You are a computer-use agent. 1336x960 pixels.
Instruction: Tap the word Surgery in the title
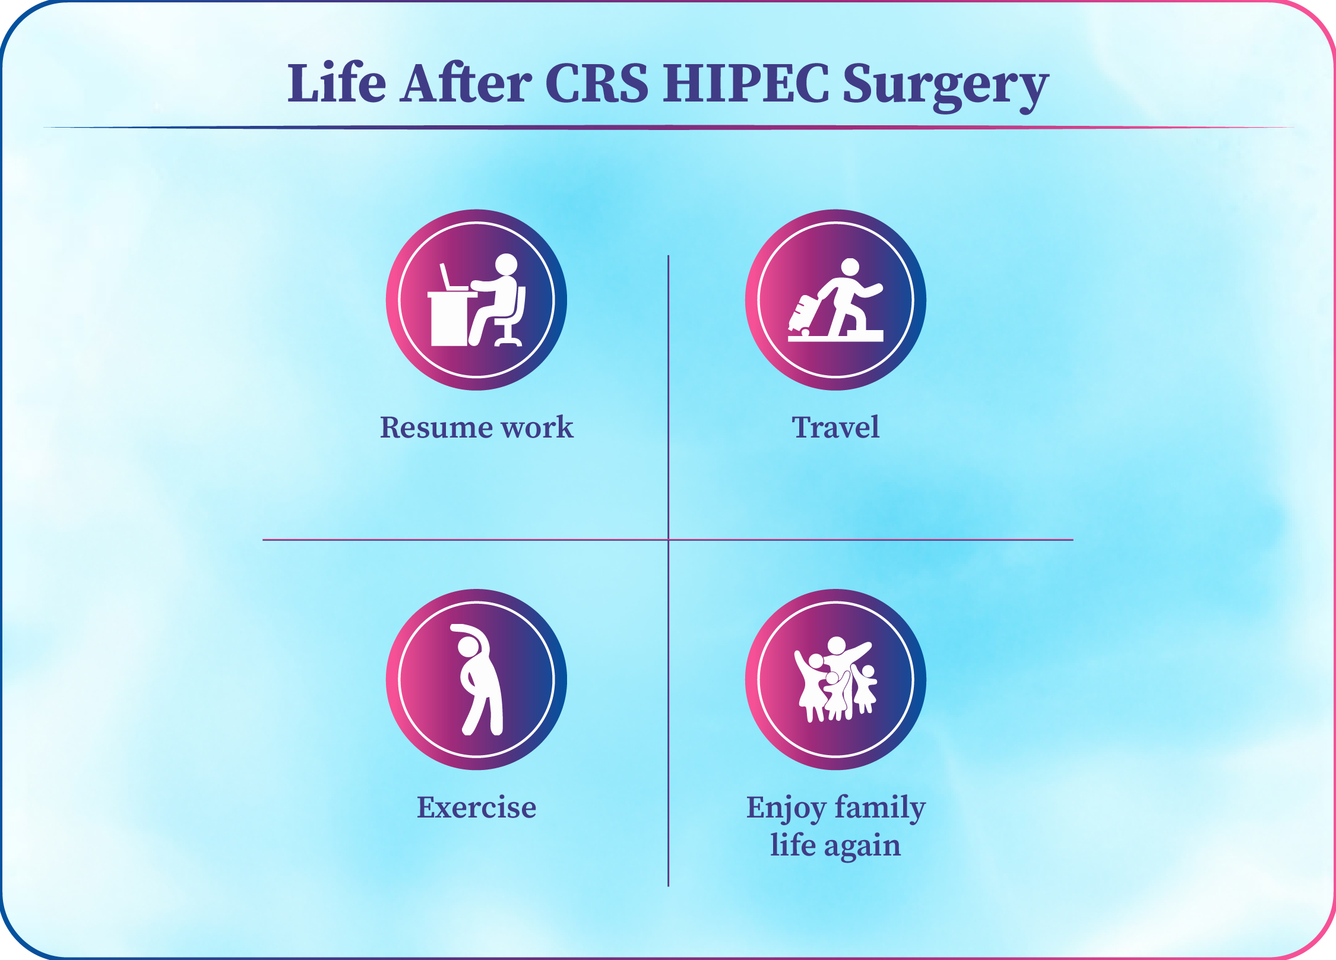tap(945, 87)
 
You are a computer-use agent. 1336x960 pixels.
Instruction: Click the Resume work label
tap(476, 427)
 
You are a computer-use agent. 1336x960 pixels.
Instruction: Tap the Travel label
tap(835, 427)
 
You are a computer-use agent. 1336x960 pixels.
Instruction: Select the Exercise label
tap(476, 807)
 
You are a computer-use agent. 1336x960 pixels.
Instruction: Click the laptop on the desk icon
tap(453, 277)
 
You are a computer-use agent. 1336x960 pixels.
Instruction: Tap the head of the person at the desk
tap(506, 264)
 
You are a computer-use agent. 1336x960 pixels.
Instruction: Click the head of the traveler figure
tap(850, 267)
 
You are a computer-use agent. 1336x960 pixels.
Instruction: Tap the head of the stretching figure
tap(469, 647)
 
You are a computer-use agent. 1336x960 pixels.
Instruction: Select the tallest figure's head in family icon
tap(837, 646)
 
